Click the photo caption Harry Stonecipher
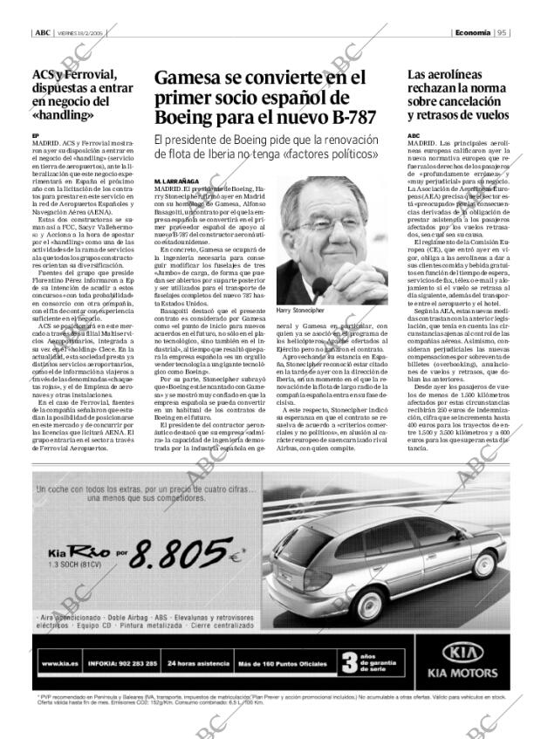tap(302, 310)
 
